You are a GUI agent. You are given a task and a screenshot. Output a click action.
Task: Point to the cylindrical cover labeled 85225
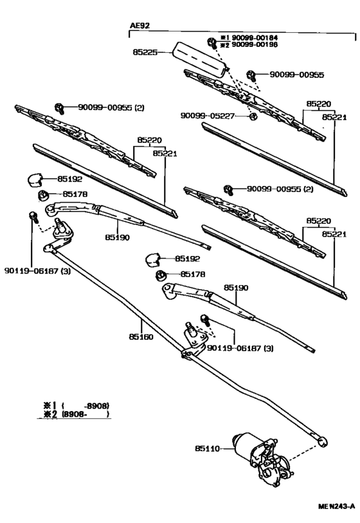[x=199, y=59]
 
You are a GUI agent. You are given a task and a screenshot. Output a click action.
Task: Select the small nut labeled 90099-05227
[x=253, y=116]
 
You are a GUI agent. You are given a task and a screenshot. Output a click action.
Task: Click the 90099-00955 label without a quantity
[x=296, y=75]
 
